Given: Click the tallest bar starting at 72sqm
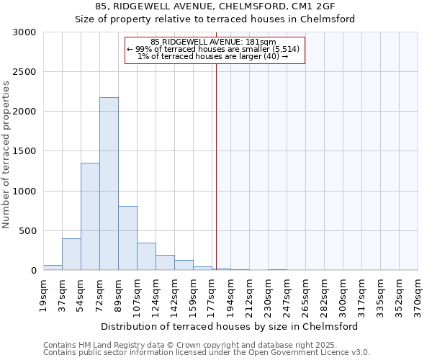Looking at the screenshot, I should pos(109,184).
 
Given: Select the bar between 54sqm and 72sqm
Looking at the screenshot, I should pos(90,216).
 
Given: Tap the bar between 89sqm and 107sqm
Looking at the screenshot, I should pos(127,238).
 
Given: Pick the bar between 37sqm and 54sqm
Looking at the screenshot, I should pos(71,254).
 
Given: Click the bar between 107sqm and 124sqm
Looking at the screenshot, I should pos(146,256).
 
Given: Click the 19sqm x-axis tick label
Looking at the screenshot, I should pos(44,294).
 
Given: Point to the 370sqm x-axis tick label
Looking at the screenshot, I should pos(418,294).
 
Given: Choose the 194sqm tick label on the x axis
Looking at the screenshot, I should pos(231,294).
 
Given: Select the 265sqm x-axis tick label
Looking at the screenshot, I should pos(306,294).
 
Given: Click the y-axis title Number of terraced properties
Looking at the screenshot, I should pos(6,155).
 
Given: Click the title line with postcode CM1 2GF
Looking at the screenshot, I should pos(215,6).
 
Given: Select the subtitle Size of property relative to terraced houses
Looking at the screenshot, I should pos(215,19).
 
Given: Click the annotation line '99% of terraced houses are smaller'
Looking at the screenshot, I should pos(215,49).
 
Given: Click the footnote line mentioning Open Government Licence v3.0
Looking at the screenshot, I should pos(207,353).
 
